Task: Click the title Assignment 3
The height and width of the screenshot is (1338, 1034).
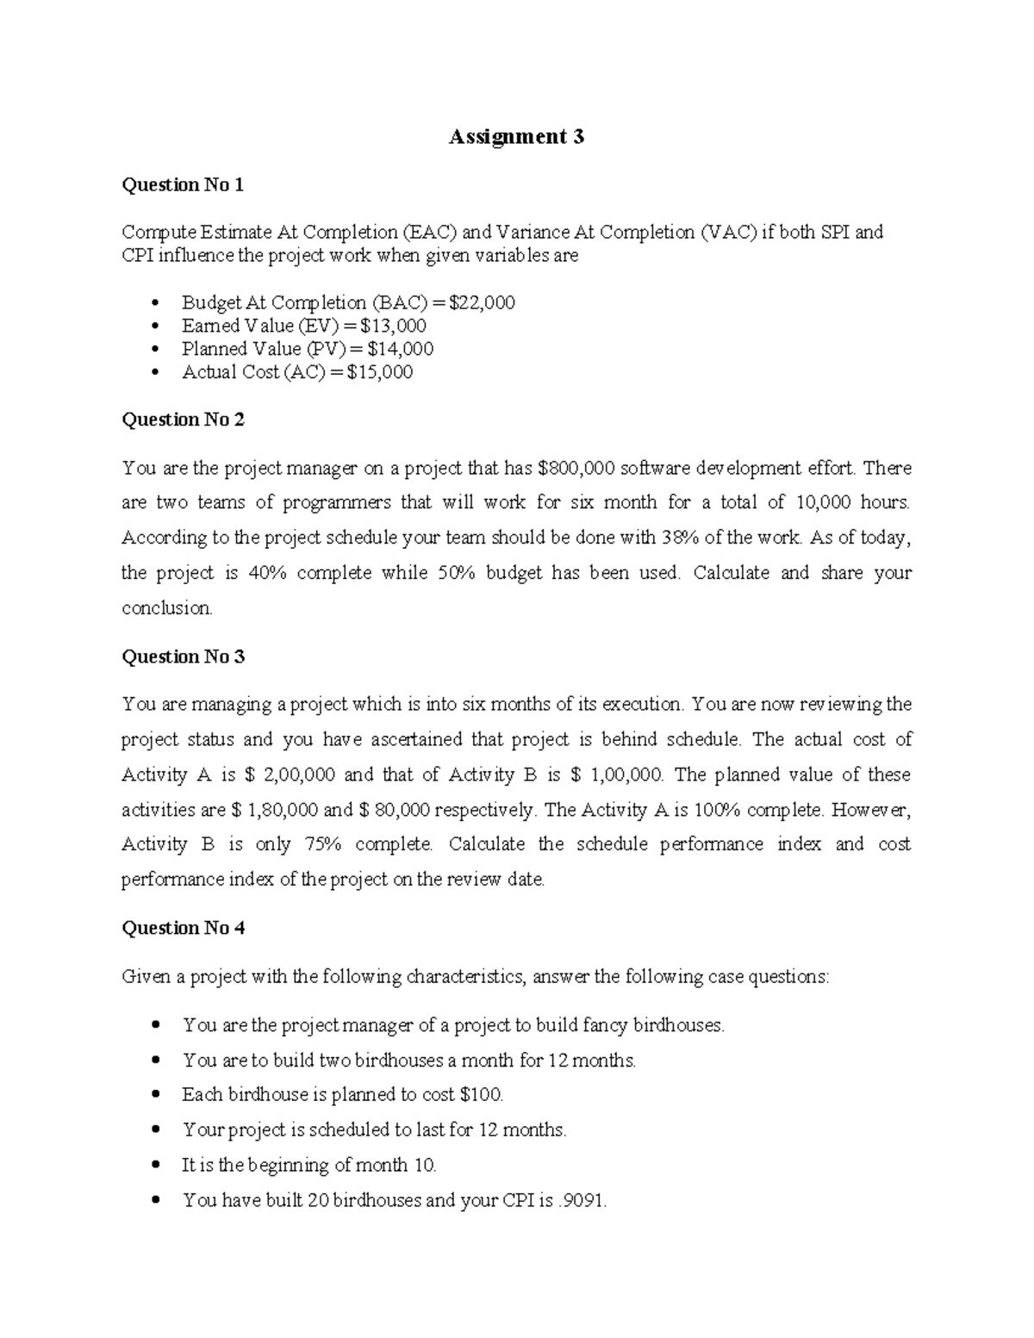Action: [x=516, y=136]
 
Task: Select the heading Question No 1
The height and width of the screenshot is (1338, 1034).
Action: [x=183, y=184]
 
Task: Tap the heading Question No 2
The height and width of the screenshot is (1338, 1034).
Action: [x=183, y=420]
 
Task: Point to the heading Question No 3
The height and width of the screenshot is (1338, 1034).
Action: [x=183, y=657]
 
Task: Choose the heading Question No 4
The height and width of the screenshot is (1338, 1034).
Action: [x=183, y=928]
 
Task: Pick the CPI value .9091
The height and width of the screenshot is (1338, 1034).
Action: [x=582, y=1200]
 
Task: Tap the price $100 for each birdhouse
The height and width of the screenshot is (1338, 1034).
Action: [x=482, y=1095]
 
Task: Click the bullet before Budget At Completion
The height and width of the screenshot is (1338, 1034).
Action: [x=155, y=303]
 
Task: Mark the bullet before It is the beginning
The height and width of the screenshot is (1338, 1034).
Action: [x=155, y=1166]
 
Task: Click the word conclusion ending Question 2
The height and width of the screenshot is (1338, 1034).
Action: [x=166, y=608]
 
